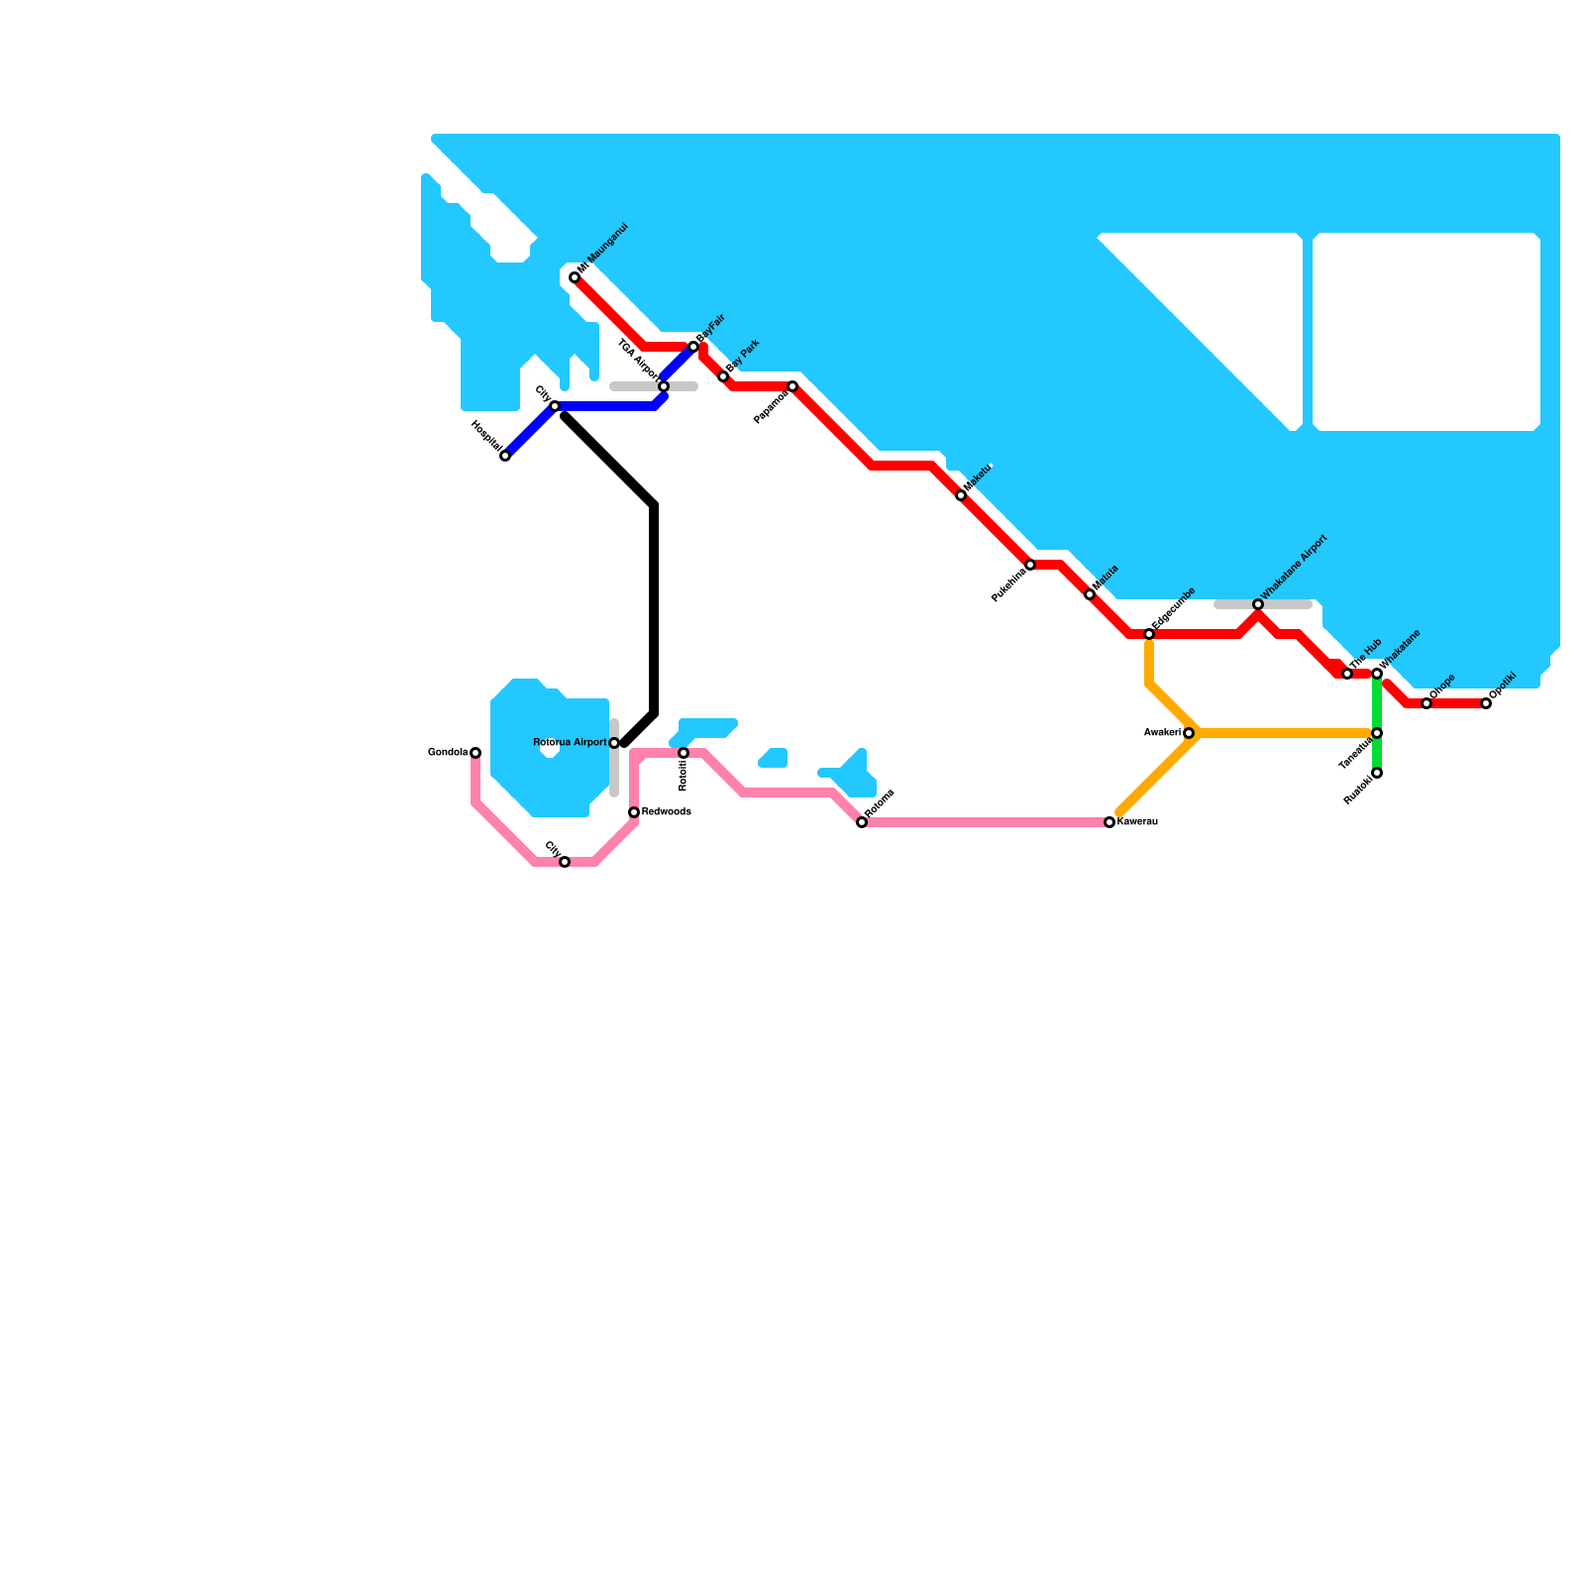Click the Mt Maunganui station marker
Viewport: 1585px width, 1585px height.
click(x=575, y=277)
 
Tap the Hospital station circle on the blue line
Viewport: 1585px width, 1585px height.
click(x=505, y=456)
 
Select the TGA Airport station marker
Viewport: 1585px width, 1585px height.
click(x=664, y=386)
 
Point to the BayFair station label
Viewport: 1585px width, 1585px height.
click(x=712, y=328)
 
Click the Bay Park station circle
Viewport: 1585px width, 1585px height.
click(x=723, y=376)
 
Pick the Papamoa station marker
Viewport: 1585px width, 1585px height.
click(x=792, y=386)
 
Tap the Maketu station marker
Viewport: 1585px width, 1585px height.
click(x=961, y=495)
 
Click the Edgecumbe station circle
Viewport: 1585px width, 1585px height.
click(x=1149, y=634)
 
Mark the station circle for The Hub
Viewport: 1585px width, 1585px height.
click(x=1347, y=674)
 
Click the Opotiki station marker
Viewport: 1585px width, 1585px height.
click(x=1486, y=703)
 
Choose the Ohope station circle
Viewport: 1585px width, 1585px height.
click(x=1426, y=703)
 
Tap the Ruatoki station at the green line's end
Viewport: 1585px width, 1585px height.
click(x=1377, y=773)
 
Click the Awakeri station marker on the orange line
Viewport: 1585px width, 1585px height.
click(x=1189, y=733)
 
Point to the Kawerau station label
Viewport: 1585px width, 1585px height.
click(x=1137, y=822)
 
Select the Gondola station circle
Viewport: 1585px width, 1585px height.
click(x=475, y=753)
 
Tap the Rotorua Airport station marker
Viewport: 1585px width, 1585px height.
click(x=614, y=743)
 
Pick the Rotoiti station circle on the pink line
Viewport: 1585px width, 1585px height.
click(x=684, y=753)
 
